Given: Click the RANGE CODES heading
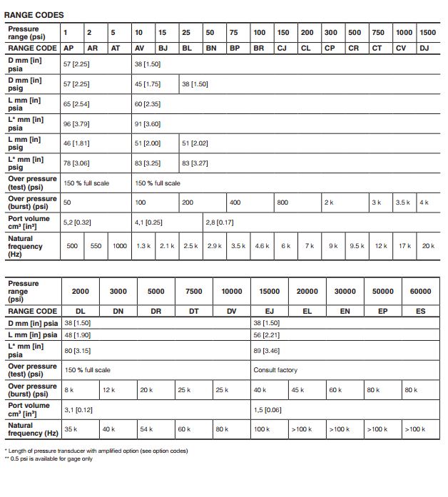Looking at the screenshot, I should click(34, 14).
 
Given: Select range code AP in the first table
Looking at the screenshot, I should click(70, 48).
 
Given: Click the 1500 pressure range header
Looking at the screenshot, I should click(427, 33).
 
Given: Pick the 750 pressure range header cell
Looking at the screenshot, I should click(378, 33).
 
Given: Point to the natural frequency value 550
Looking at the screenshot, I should click(96, 246).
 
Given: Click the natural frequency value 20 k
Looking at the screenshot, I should click(427, 246).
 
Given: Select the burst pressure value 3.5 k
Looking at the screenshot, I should click(403, 203).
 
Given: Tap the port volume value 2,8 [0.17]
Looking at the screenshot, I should click(220, 222).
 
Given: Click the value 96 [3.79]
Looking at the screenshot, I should click(76, 123).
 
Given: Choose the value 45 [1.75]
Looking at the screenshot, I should click(148, 83).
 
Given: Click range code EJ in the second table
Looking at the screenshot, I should click(270, 312).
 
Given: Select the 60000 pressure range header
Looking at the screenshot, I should click(420, 291).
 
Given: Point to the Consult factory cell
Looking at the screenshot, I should click(275, 370).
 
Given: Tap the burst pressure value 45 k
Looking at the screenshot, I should click(298, 390).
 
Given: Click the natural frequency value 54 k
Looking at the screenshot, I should click(146, 429).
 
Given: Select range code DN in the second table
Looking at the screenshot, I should click(118, 312).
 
